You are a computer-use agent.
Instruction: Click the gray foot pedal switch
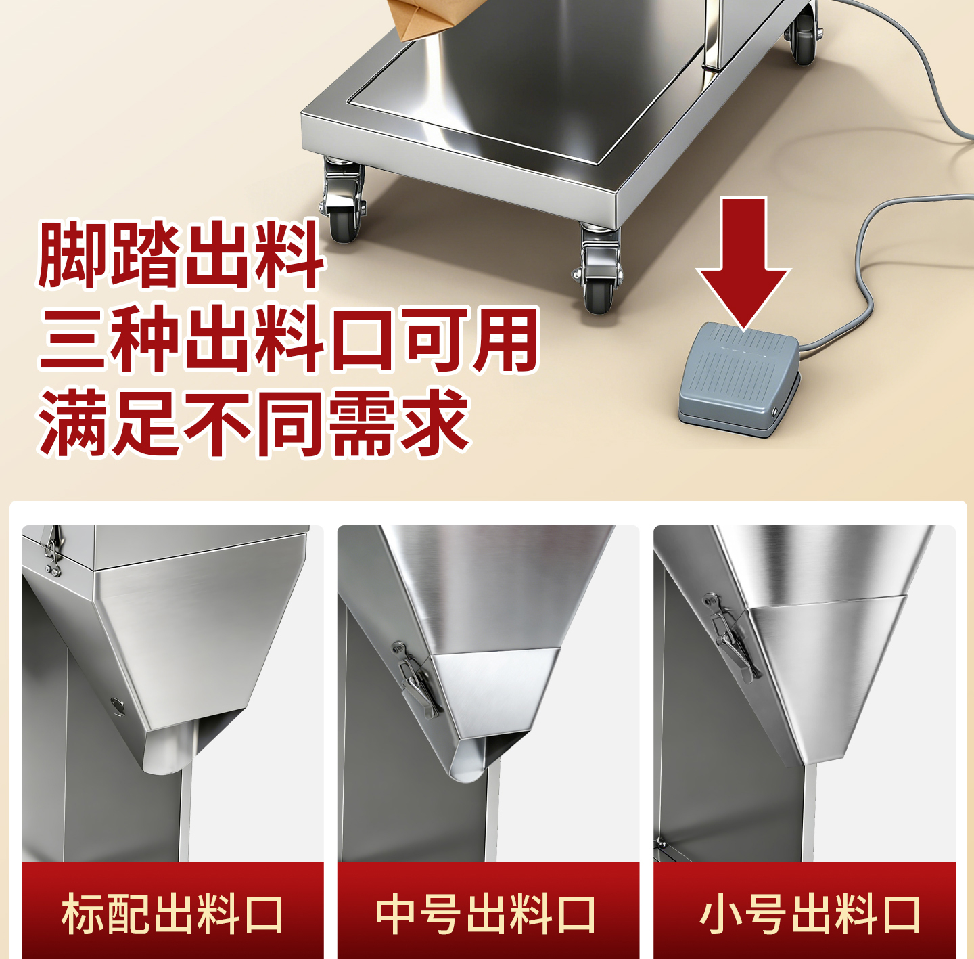point(739,379)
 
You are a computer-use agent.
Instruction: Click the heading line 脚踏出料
point(181,254)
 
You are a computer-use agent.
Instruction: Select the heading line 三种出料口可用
point(289,339)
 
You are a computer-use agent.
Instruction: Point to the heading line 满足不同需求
point(253,423)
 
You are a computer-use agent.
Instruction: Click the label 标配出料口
point(172,914)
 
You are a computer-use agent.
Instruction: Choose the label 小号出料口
point(810,914)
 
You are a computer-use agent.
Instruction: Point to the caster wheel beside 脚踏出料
point(344,202)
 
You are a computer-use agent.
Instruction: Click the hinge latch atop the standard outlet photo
point(51,552)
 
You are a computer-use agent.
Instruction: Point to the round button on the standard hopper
point(118,705)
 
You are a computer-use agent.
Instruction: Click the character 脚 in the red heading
point(73,254)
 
